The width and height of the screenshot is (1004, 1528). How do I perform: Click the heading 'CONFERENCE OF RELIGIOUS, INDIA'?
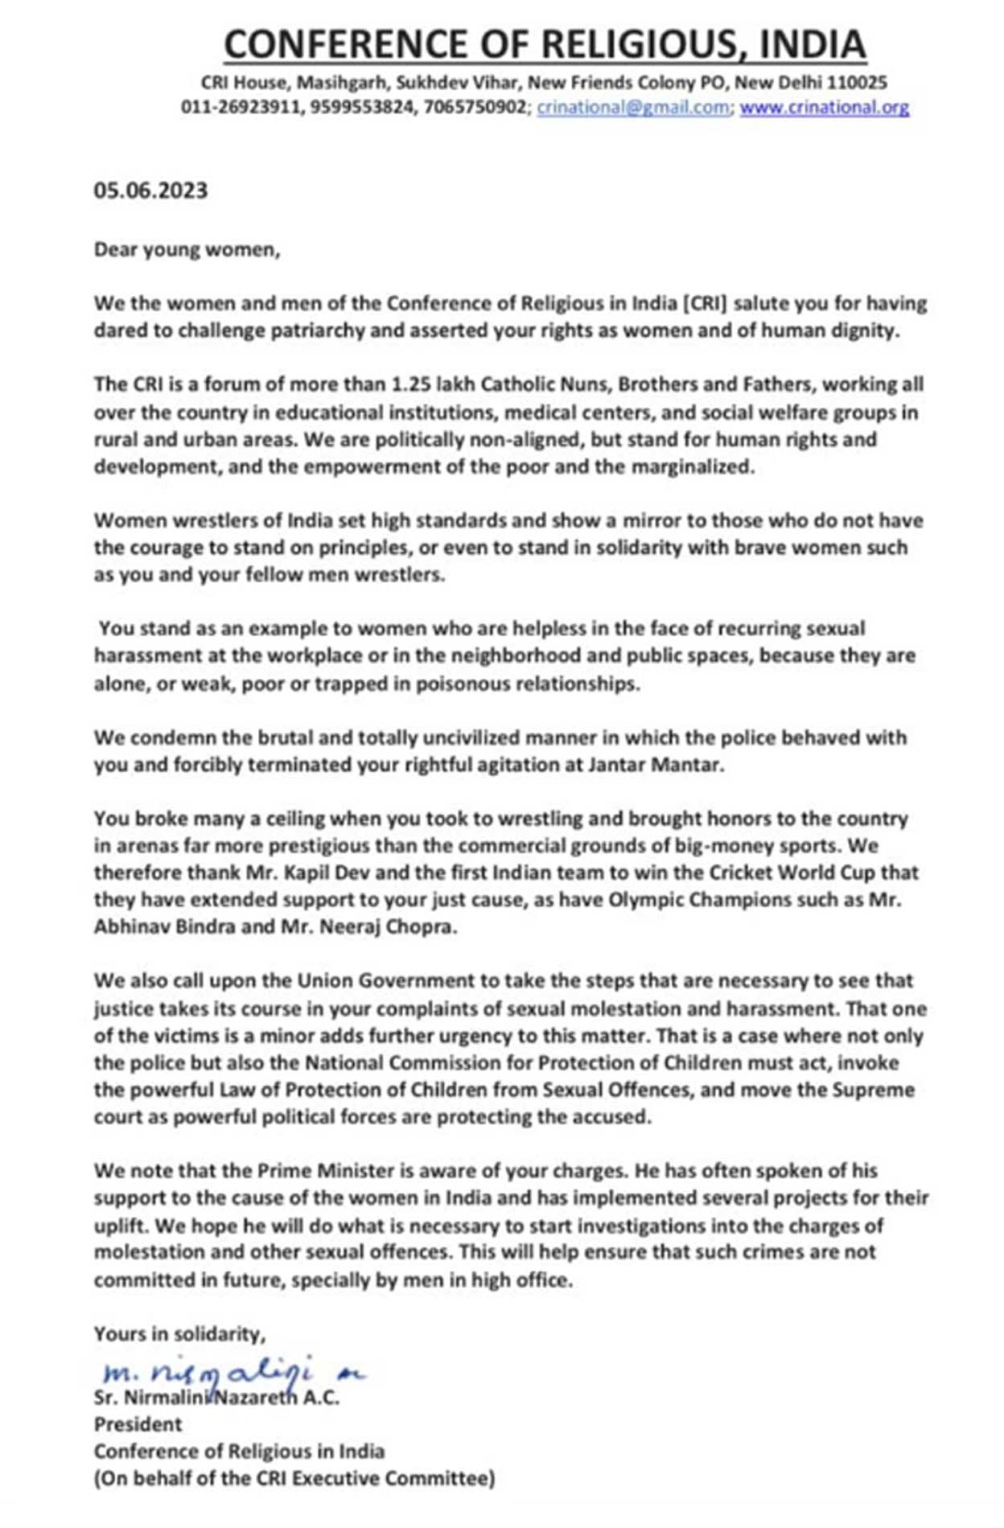(545, 44)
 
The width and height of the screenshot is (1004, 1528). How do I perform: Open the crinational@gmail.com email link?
(633, 108)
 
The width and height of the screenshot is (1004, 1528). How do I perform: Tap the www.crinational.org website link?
(824, 108)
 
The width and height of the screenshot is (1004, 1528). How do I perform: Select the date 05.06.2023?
(150, 191)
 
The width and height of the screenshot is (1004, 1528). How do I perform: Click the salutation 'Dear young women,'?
(187, 249)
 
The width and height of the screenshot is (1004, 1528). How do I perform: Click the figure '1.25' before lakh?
(410, 384)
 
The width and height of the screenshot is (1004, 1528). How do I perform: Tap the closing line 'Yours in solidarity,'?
(179, 1334)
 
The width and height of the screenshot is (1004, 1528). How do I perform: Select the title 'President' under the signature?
(138, 1424)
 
